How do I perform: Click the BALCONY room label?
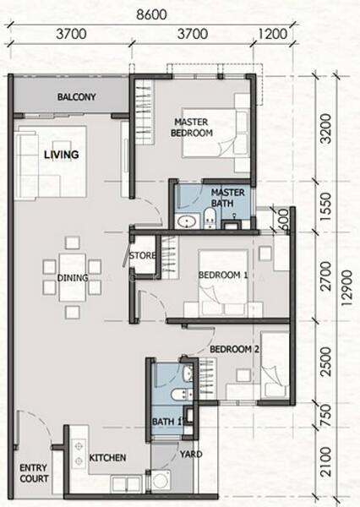pos(77,96)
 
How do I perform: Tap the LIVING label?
pos(62,155)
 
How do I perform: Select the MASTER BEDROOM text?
pos(192,128)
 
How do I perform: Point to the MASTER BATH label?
pos(227,198)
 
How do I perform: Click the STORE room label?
pos(142,255)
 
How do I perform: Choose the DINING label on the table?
pos(73,278)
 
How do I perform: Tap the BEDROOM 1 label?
pos(223,275)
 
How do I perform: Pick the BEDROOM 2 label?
pos(234,349)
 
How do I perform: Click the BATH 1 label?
pos(167,422)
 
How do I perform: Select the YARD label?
pos(191,455)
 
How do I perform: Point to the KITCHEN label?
pos(107,458)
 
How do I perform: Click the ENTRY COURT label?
pos(34,473)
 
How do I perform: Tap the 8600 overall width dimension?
pos(151,14)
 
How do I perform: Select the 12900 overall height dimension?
pos(346,288)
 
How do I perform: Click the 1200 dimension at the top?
pos(273,34)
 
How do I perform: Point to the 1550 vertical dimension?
pos(327,207)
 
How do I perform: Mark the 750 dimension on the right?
pos(327,415)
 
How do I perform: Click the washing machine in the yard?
pos(161,481)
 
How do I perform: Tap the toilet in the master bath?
pos(210,218)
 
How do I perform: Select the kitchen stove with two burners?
pos(79,454)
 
